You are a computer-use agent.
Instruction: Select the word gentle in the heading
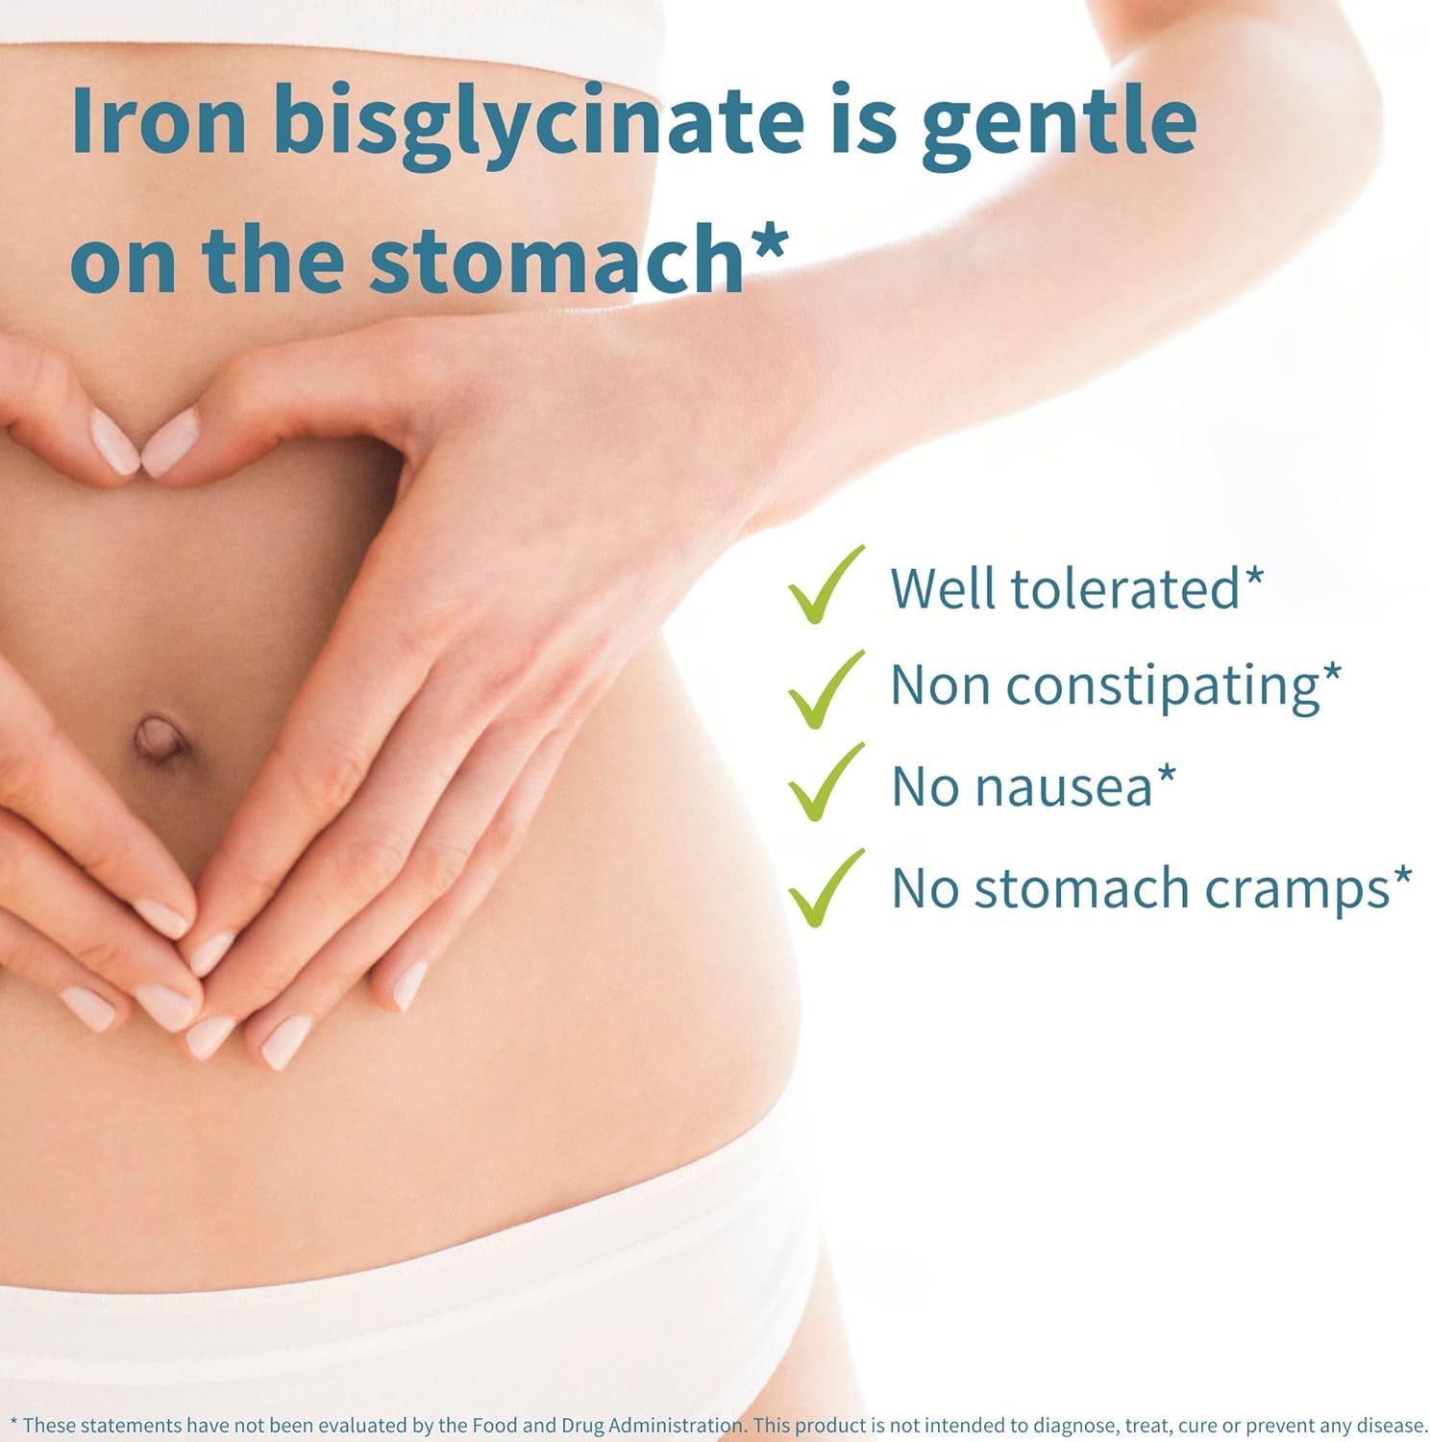tap(1058, 123)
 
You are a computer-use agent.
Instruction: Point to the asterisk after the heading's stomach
tap(768, 240)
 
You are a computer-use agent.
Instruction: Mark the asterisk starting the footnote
tap(12, 1423)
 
